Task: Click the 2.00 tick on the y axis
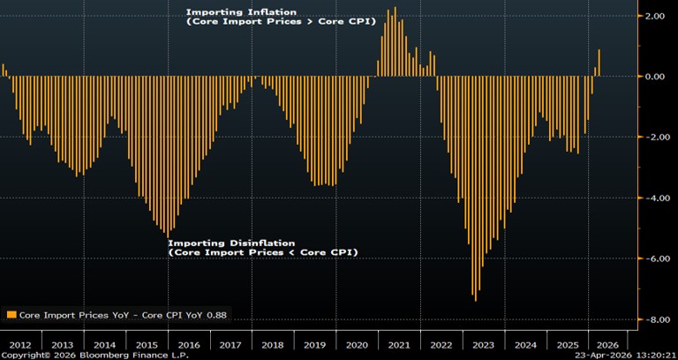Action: click(x=655, y=16)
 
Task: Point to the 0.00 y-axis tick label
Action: click(x=655, y=77)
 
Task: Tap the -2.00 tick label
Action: click(x=653, y=138)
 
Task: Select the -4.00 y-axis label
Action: click(x=653, y=198)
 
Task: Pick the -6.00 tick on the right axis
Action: click(x=653, y=259)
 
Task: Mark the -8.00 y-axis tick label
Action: click(x=653, y=319)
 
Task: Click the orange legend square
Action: click(x=11, y=314)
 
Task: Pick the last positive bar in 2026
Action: click(x=599, y=63)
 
